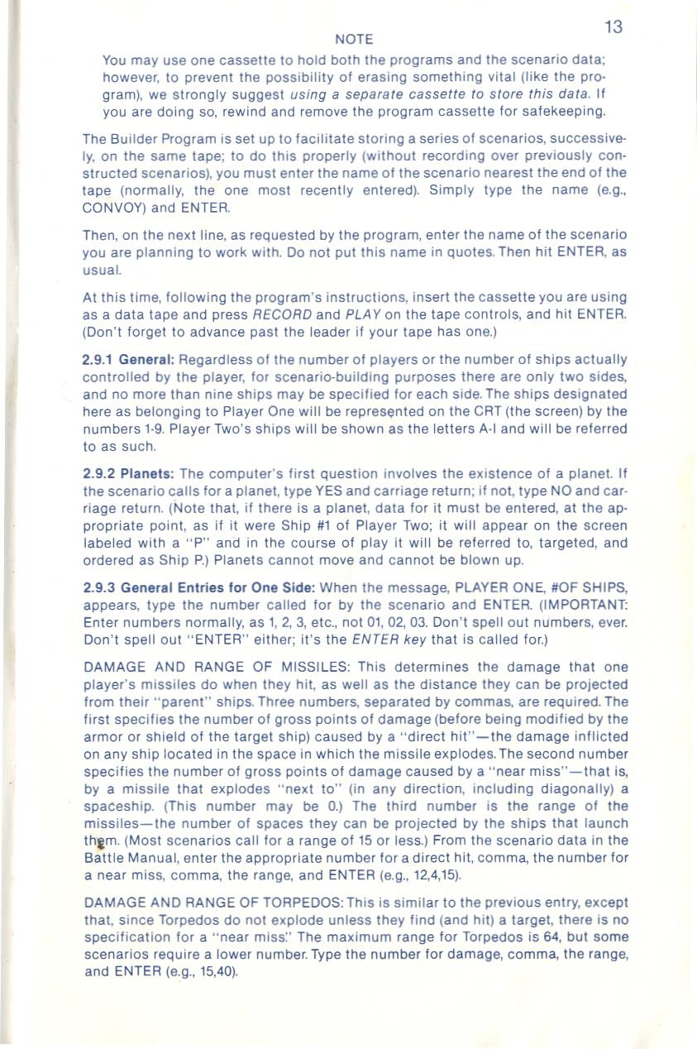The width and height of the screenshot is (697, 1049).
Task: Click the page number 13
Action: click(613, 27)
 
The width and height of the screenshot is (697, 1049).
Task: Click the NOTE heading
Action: click(354, 40)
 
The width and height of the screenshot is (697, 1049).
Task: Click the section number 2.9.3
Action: click(98, 587)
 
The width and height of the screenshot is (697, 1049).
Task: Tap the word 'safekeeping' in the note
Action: click(566, 110)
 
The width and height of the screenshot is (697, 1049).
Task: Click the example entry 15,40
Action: click(212, 972)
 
